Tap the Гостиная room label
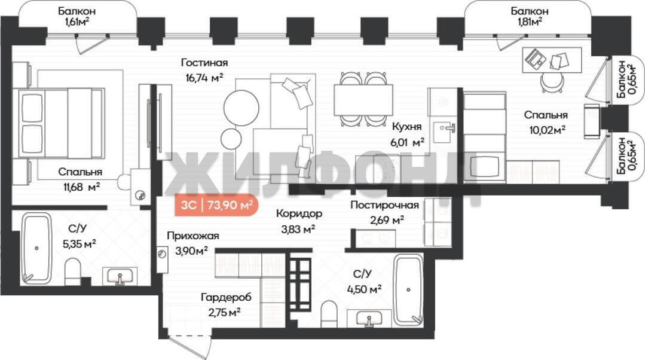(204, 63)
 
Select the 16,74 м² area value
(204, 78)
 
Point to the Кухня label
(406, 126)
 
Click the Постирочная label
(384, 205)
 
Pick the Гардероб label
(226, 297)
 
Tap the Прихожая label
(193, 236)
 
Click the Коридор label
(299, 214)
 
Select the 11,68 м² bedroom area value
(81, 187)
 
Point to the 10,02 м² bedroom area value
(547, 130)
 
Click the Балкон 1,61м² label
(77, 17)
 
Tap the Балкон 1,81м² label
(530, 17)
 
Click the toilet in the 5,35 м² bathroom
(73, 271)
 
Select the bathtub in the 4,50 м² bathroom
(408, 289)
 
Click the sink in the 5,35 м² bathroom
(120, 276)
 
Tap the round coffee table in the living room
(242, 108)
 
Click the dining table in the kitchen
(363, 100)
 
